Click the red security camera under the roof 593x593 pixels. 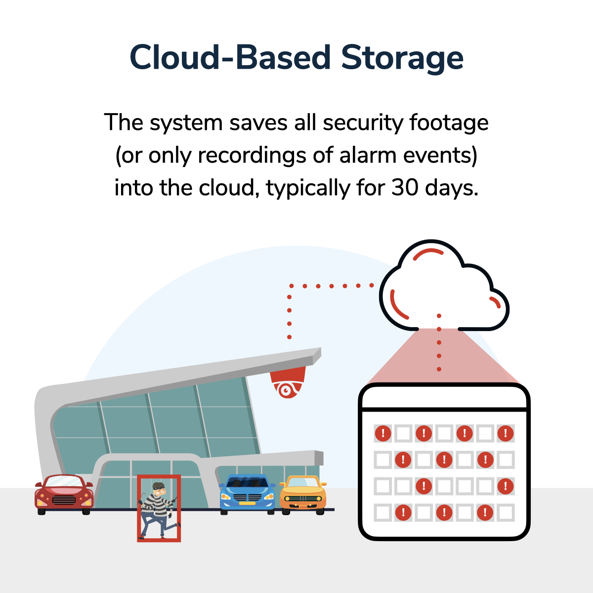pyautogui.click(x=288, y=383)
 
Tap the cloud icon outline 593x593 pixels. pyautogui.click(x=443, y=287)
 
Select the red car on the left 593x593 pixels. pyautogui.click(x=64, y=494)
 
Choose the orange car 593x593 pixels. pyautogui.click(x=303, y=494)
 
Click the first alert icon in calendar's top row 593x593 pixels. pyautogui.click(x=383, y=433)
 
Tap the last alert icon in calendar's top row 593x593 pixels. pyautogui.click(x=506, y=433)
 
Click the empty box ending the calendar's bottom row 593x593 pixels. pyautogui.click(x=506, y=512)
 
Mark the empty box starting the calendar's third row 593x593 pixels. pyautogui.click(x=383, y=486)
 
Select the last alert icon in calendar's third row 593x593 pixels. pyautogui.click(x=506, y=486)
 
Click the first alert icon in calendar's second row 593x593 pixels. pyautogui.click(x=403, y=460)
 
